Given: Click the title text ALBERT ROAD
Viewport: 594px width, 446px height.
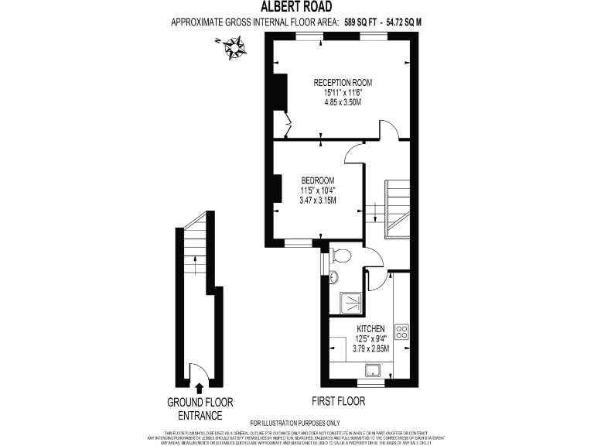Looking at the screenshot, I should coord(296,7).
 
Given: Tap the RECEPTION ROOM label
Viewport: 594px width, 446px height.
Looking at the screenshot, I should coord(343,82).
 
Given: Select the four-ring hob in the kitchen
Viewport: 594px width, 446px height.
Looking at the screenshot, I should coord(402,331).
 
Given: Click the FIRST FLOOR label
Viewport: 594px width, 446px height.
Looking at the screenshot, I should coord(338,402).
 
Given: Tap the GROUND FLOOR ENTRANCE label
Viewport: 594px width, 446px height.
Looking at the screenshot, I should coord(200,409).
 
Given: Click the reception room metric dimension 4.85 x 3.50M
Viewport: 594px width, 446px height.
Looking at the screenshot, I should coord(343,102).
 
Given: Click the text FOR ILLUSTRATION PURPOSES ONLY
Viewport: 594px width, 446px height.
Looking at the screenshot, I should coord(295,423).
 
